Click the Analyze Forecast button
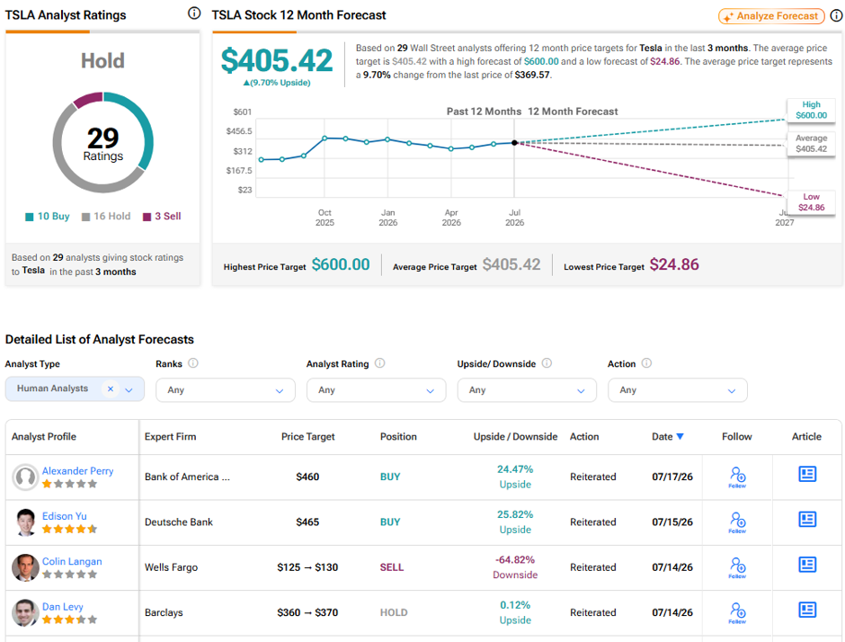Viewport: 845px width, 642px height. pos(771,16)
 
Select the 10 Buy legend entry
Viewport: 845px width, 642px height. pos(48,216)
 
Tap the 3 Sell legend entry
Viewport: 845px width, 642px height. pos(162,216)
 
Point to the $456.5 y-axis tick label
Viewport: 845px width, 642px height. pos(239,131)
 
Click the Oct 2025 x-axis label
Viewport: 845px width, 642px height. pos(325,218)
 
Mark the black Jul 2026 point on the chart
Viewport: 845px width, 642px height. pos(515,143)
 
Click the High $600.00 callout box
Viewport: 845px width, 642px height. pos(811,110)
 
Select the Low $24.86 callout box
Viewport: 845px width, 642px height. pos(811,202)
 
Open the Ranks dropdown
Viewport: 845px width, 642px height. pos(226,389)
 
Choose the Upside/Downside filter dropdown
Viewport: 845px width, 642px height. pos(527,389)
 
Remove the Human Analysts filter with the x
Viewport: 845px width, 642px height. pos(111,388)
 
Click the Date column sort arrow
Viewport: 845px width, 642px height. pos(680,437)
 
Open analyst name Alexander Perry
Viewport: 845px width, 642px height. pos(77,470)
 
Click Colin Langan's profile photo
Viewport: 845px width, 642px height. pos(25,567)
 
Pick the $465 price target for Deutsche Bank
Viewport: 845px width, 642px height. pos(307,522)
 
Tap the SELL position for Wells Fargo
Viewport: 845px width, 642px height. pos(392,567)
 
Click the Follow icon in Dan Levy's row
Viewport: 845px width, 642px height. pos(737,612)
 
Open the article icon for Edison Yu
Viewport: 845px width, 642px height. pos(807,520)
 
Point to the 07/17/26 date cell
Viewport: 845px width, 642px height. pos(672,477)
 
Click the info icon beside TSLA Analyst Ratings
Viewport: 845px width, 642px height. pos(194,13)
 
